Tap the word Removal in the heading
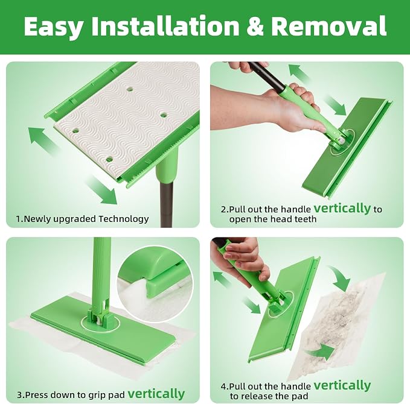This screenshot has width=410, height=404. coord(328,26)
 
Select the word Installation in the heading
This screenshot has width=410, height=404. coord(165,26)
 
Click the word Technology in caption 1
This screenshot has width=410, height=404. coord(123,219)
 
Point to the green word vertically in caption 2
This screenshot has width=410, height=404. coord(342,208)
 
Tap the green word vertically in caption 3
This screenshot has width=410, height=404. coord(156,393)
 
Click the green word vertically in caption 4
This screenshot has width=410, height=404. coord(342,385)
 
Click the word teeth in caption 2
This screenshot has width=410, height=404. coord(306,219)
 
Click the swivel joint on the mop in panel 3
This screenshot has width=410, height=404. coord(100,317)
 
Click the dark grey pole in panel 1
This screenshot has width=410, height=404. coord(166,204)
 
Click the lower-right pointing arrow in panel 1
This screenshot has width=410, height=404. coord(102,190)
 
